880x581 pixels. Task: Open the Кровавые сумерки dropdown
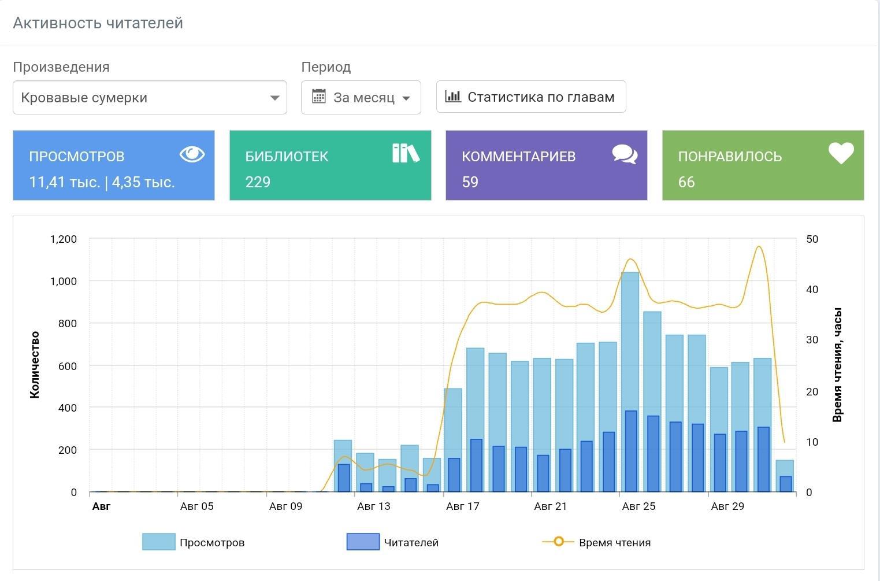point(150,98)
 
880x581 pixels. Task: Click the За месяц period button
point(361,98)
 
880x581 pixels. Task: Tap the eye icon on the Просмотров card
point(192,154)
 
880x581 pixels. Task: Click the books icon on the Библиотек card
point(406,153)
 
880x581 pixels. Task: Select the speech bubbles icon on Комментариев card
point(625,154)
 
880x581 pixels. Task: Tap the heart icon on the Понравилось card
point(841,153)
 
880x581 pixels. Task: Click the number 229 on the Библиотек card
point(258,182)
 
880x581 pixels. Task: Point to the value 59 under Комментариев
point(470,182)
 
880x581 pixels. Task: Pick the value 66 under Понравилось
point(686,182)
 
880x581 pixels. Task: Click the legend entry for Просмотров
point(194,542)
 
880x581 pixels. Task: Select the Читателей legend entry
point(392,542)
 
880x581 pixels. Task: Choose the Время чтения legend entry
point(596,542)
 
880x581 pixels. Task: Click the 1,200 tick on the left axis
point(63,239)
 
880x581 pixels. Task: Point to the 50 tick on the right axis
point(812,239)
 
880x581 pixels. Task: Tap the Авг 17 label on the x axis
point(462,506)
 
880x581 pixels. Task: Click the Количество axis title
point(35,365)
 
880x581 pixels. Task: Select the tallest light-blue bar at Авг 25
point(630,382)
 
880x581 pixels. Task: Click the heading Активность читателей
point(98,23)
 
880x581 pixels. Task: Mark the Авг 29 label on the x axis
point(727,506)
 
